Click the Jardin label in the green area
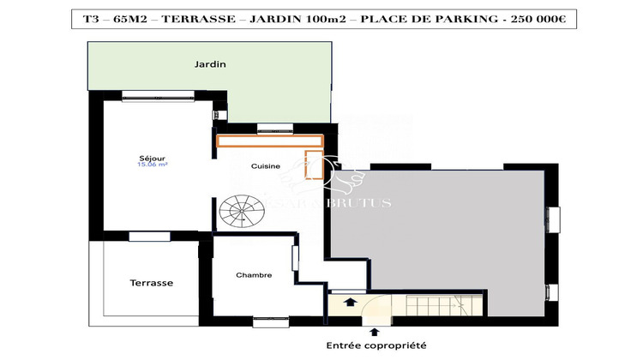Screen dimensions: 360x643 click(x=210, y=64)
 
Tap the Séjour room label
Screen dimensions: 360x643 click(x=152, y=159)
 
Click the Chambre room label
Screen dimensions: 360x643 click(x=254, y=275)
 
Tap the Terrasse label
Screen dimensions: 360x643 click(x=152, y=282)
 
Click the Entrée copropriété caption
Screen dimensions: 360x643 click(x=375, y=345)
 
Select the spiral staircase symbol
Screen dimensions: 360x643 click(x=241, y=210)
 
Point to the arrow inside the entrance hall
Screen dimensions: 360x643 click(x=349, y=302)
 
